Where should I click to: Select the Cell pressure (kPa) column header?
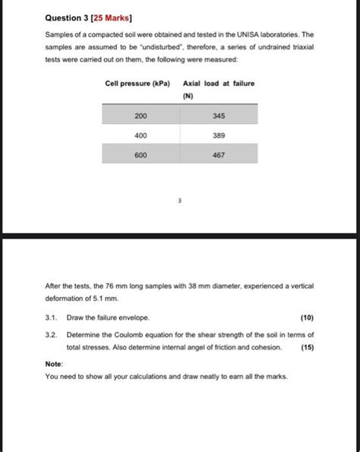pyautogui.click(x=137, y=82)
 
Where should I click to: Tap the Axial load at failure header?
pyautogui.click(x=219, y=82)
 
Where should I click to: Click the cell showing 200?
pyautogui.click(x=141, y=115)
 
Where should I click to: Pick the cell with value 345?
pyautogui.click(x=219, y=115)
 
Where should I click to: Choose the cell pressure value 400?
pyautogui.click(x=141, y=134)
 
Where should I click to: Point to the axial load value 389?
pyautogui.click(x=219, y=134)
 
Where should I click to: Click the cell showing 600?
pyautogui.click(x=141, y=154)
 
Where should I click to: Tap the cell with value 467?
pyautogui.click(x=219, y=154)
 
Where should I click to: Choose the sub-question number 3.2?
pyautogui.click(x=52, y=334)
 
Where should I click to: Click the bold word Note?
pyautogui.click(x=54, y=363)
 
